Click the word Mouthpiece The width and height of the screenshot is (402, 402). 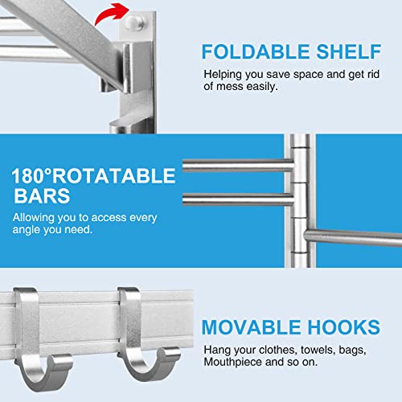point(233,363)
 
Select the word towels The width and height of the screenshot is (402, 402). point(311,351)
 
